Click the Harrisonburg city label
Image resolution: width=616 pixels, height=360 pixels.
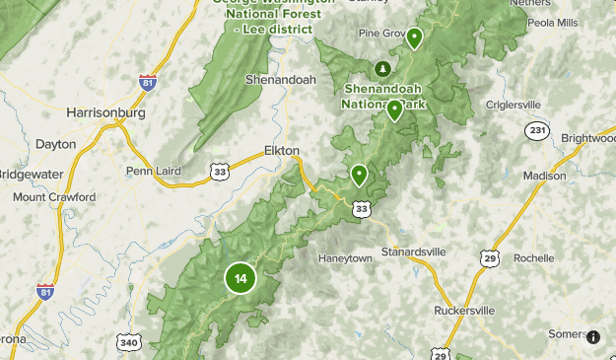105,112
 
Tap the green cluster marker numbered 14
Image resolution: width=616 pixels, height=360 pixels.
240,278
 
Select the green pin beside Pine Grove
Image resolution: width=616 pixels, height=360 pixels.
414,38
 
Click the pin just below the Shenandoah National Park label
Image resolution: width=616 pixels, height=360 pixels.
394,109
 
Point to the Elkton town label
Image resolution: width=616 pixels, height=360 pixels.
282,151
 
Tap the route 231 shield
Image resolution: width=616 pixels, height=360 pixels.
537,131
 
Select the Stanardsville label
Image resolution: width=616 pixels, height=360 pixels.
413,252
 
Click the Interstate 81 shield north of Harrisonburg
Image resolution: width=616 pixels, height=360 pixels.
148,83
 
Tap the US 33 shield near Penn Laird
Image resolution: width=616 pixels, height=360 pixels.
221,171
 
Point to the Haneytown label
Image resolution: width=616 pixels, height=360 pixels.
345,258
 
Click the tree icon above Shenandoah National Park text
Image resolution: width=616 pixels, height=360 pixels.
381,68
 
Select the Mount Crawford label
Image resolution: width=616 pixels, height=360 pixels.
54,197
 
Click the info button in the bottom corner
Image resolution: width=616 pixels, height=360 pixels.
592,336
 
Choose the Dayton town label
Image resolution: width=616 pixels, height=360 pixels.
55,144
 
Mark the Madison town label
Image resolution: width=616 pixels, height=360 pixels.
545,176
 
